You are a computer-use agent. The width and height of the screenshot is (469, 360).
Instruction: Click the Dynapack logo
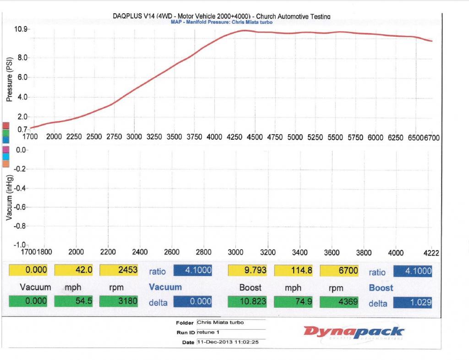coord(354,331)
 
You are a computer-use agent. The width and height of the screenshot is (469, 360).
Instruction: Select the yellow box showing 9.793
coord(247,271)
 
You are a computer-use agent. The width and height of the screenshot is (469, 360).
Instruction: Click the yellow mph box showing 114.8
coord(294,271)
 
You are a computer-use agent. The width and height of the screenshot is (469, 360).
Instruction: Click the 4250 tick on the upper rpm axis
coord(234,136)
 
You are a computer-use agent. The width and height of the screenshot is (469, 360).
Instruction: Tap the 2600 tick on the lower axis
coord(171,252)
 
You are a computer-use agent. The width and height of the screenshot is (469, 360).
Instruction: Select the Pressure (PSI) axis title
coord(9,82)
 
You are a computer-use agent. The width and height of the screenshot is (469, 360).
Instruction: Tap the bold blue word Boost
coord(381,288)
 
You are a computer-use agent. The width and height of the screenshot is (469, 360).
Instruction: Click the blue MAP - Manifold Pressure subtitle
coord(222,22)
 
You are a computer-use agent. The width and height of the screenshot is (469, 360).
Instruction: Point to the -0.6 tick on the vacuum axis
coord(22,207)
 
